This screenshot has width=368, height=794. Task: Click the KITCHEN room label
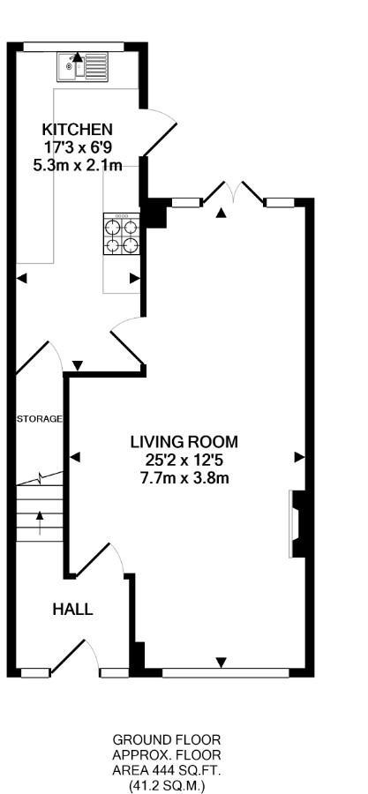[x=77, y=129]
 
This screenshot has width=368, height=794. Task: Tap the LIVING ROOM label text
[x=184, y=442]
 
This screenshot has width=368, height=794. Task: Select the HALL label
[x=73, y=609]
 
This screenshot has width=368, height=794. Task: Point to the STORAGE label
[x=40, y=419]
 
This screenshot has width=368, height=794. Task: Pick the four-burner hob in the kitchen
[x=122, y=234]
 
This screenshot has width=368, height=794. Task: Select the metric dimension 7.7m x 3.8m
[x=184, y=477]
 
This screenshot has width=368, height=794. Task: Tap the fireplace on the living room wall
[x=297, y=523]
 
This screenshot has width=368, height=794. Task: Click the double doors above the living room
[x=234, y=192]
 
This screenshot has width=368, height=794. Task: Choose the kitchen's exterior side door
[x=160, y=132]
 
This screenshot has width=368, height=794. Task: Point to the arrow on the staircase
[x=40, y=522]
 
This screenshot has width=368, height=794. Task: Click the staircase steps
[x=40, y=513]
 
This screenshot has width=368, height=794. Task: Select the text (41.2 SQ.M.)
[x=167, y=785]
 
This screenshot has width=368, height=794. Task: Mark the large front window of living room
[x=225, y=672]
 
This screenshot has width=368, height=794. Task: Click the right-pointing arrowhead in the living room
[x=300, y=457]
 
